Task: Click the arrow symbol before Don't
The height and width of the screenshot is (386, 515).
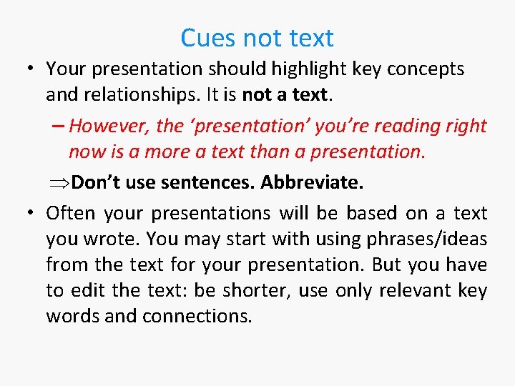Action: coord(60,183)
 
